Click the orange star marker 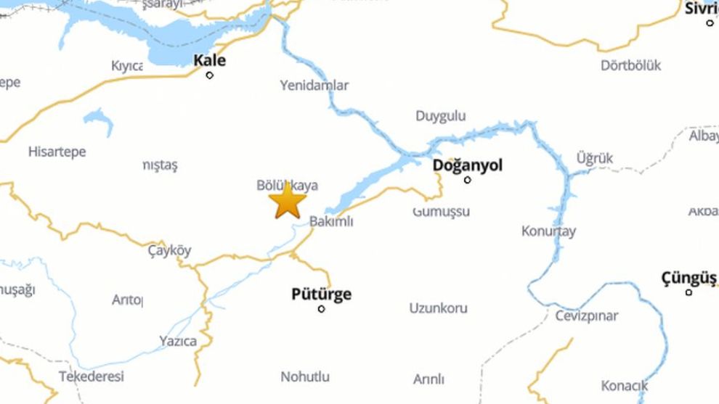pos(288,202)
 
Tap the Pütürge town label pos(321,294)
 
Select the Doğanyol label pos(467,165)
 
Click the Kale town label pos(209,60)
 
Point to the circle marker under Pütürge pos(321,309)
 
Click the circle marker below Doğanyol pos(467,180)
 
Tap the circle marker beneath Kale pos(210,75)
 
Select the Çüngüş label pos(688,278)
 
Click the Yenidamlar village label pos(314,85)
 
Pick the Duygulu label pos(440,116)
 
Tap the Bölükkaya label pos(288,186)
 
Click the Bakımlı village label pos(331,222)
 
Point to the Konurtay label pos(548,231)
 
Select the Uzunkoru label pos(438,308)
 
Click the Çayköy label pos(169,251)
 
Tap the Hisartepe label pos(57,152)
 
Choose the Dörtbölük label pos(630,65)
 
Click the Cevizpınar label pos(587,316)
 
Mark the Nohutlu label pos(305,376)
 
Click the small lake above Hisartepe pos(99,120)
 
